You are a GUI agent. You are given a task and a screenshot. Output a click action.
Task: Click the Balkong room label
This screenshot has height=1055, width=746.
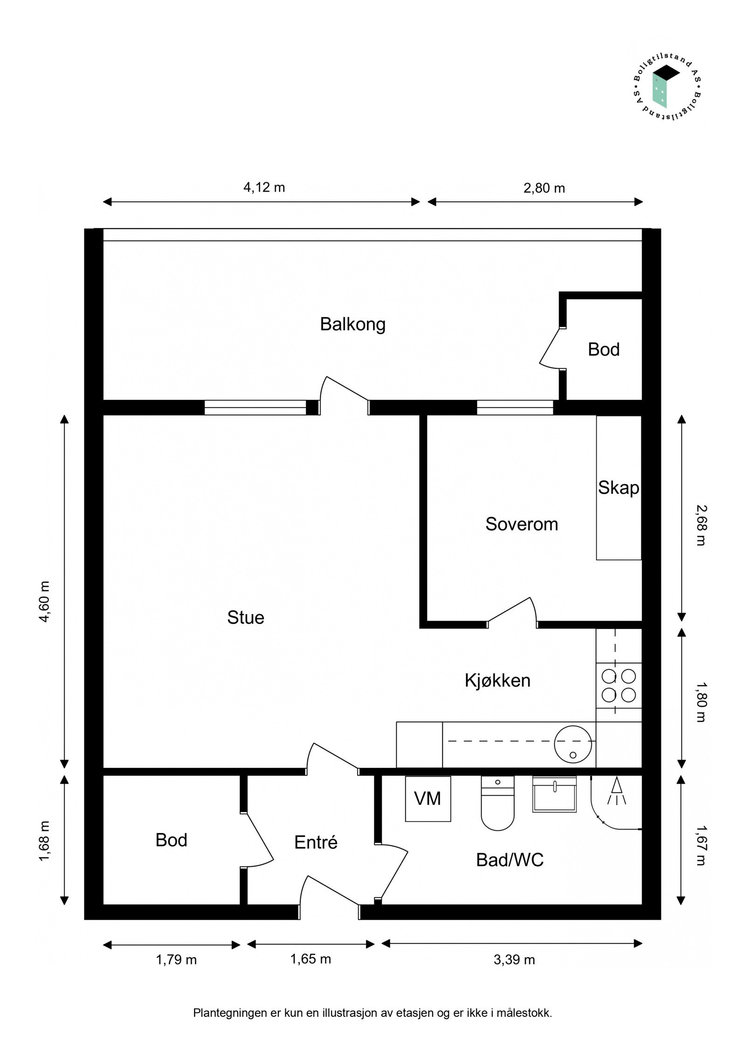(x=352, y=324)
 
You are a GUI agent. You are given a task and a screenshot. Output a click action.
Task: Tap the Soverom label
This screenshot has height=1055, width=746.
(x=521, y=524)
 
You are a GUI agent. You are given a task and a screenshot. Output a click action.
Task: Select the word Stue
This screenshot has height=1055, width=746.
(x=246, y=618)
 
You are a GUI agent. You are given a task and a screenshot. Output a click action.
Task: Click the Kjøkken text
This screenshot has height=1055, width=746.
(x=497, y=681)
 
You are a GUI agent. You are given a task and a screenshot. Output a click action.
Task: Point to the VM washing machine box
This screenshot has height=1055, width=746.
(x=428, y=799)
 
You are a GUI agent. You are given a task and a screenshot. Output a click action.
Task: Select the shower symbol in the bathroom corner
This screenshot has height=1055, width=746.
(x=616, y=792)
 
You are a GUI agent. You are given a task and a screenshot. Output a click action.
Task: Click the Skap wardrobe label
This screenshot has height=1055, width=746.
(x=618, y=488)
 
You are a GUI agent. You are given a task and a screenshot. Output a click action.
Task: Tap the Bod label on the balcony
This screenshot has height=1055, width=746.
(x=603, y=350)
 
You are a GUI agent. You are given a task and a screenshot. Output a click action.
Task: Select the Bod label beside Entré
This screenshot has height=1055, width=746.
(x=171, y=840)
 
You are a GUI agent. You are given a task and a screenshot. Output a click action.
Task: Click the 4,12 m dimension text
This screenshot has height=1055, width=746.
(x=264, y=187)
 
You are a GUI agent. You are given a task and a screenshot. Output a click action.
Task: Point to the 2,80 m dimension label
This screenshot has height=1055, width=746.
(x=544, y=188)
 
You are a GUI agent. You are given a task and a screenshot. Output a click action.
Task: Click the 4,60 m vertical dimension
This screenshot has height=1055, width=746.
(x=45, y=601)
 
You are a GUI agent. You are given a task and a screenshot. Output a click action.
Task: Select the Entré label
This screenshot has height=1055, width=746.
(x=316, y=842)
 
